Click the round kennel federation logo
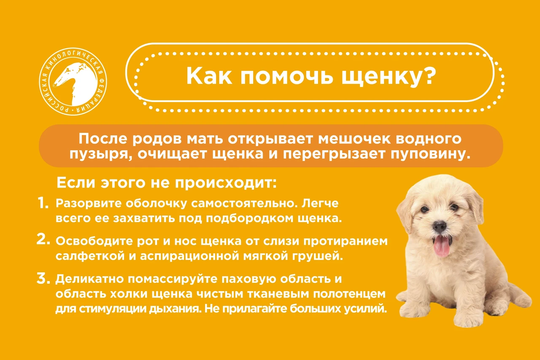point(73,81)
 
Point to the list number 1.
point(43,203)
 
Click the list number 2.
point(43,239)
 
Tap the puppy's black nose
point(439,227)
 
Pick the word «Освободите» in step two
point(94,241)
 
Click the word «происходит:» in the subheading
point(226,184)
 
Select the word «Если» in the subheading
point(76,183)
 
